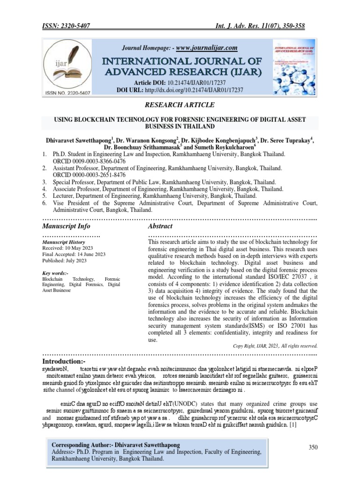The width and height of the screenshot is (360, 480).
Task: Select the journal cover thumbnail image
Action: click(291, 67)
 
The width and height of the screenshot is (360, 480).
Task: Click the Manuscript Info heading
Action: click(66, 226)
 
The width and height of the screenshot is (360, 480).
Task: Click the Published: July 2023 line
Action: click(65, 261)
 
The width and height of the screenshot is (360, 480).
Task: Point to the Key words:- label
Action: click(55, 273)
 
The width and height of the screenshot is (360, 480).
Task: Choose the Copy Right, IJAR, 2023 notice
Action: click(275, 346)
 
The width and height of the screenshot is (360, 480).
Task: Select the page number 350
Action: click(313, 448)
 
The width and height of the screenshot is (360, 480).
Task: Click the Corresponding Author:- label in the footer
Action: click(82, 444)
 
